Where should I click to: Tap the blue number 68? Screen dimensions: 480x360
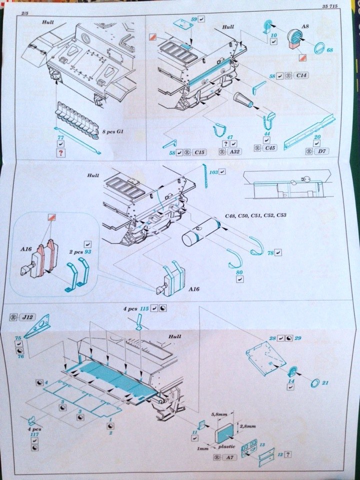pos(330,50)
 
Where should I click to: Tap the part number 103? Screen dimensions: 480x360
pos(213,171)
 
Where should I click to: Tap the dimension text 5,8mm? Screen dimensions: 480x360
pos(219,414)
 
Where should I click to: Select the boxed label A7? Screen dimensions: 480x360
pos(230,457)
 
